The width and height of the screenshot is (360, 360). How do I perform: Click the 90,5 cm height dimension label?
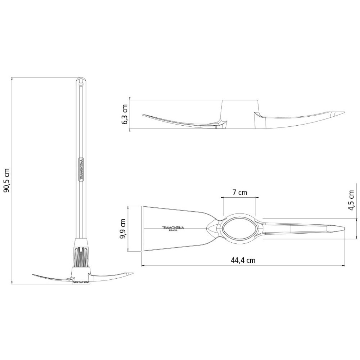coord(7,180)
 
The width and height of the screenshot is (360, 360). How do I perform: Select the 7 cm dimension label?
coord(240,192)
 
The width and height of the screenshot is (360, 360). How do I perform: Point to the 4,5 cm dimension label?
coord(351,200)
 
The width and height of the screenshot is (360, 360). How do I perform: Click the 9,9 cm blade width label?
coord(123,229)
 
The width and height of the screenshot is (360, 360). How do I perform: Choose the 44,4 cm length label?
coord(243,260)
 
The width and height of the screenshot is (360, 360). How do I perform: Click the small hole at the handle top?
coord(81,84)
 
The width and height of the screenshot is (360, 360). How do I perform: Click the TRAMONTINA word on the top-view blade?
coord(173,228)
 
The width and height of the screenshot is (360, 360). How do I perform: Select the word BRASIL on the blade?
coord(173,230)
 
